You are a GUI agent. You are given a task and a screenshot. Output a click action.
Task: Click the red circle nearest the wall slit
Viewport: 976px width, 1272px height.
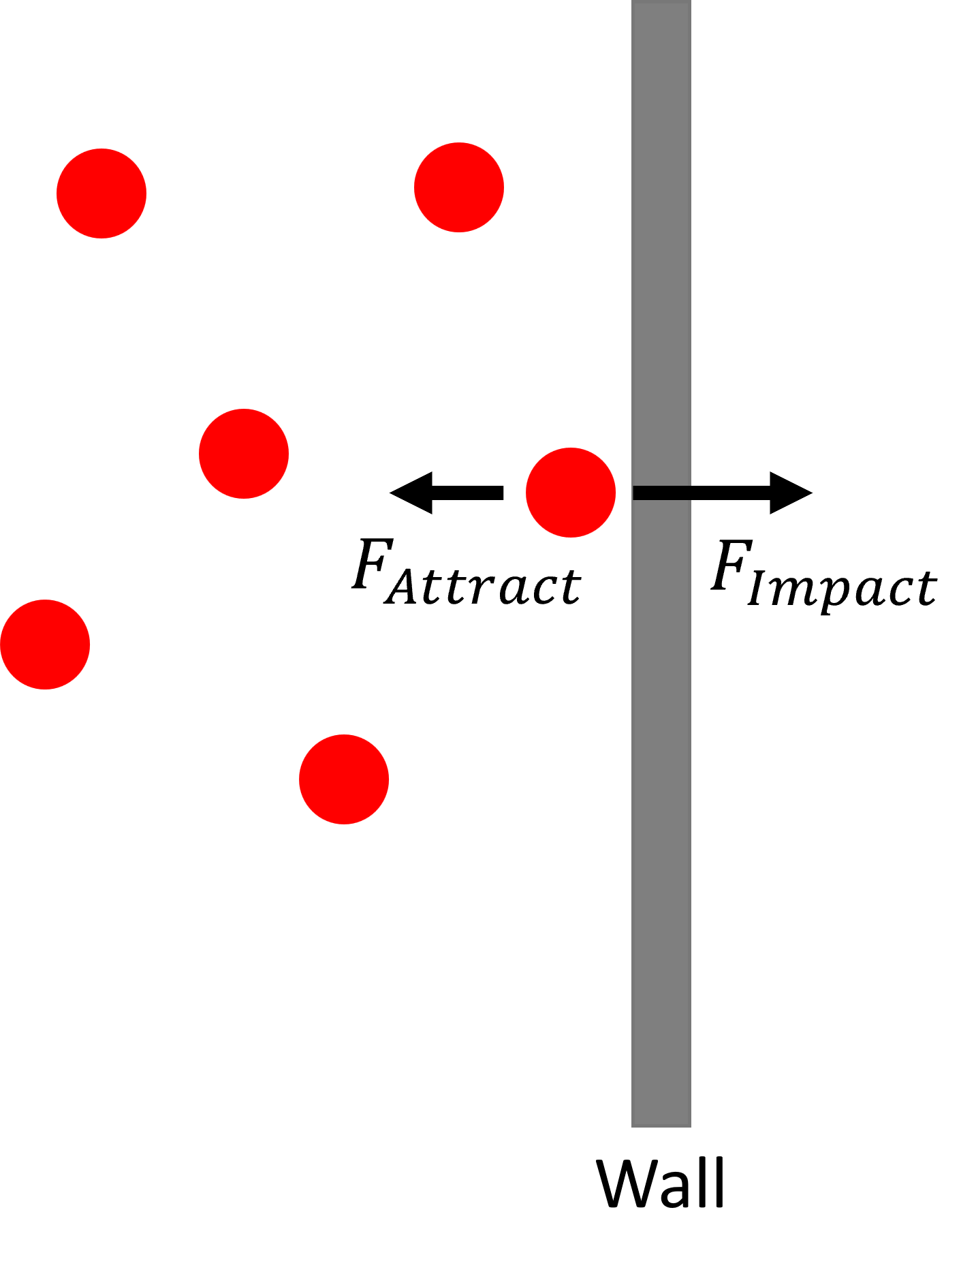coord(571,493)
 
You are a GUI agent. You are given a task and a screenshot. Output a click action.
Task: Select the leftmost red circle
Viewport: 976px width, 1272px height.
coord(45,645)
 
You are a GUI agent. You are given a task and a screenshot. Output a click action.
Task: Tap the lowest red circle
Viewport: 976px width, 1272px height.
coord(344,779)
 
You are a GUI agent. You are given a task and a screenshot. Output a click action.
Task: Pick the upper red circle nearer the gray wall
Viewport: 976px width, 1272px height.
coord(459,187)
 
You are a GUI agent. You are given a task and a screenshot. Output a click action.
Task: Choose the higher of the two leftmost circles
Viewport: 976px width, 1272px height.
coord(101,193)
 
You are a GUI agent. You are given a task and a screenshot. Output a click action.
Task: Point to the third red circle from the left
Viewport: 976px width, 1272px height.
coord(244,454)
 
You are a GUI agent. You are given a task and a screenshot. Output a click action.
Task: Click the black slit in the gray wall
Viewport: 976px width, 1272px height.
coord(662,493)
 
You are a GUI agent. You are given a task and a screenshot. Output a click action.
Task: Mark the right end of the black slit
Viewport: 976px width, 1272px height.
coord(690,493)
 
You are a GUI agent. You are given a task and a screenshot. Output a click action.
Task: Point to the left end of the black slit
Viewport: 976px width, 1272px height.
coord(634,493)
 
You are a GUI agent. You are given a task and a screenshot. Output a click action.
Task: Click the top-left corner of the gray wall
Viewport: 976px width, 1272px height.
coord(632,1)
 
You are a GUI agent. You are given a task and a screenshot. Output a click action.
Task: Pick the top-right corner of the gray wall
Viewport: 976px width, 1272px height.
coord(691,1)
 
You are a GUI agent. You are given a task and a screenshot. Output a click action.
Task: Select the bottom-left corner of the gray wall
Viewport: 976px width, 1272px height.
coord(632,1126)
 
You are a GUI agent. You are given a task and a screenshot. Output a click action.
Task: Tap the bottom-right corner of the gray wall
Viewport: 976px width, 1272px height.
coord(691,1126)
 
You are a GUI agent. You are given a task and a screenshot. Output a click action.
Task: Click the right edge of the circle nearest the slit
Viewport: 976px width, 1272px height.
coord(616,493)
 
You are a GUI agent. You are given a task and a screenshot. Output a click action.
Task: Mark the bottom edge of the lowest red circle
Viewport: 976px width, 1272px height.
coord(344,824)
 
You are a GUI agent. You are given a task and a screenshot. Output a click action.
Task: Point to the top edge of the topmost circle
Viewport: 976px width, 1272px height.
coord(459,143)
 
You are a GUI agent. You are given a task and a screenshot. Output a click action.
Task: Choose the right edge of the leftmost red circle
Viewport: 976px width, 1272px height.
coord(90,645)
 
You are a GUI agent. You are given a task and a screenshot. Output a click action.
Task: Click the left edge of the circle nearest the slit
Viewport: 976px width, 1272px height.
coord(526,493)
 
